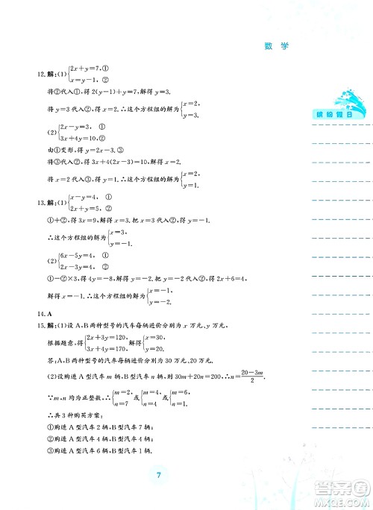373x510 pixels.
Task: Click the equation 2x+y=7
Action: (x=85, y=69)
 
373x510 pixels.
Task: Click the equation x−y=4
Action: (x=84, y=198)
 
